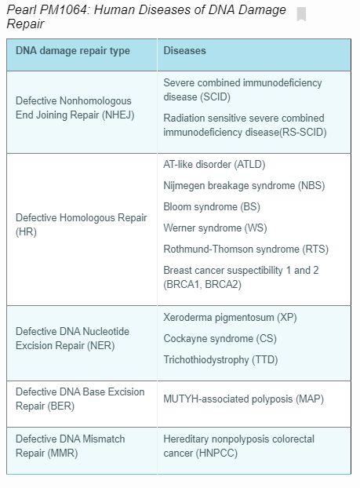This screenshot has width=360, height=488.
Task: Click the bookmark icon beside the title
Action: (x=302, y=14)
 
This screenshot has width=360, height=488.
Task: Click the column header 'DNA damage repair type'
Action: (x=73, y=51)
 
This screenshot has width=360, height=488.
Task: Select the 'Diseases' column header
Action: (x=185, y=51)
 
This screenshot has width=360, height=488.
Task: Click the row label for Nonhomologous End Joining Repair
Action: (x=74, y=108)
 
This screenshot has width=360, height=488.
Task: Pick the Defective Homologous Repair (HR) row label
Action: (x=81, y=224)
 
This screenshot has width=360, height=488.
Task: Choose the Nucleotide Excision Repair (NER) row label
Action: (x=72, y=339)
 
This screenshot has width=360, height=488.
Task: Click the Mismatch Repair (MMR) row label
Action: (x=70, y=446)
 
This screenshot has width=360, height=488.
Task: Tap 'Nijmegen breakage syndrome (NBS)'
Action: (x=244, y=186)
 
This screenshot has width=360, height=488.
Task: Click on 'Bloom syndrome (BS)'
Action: (x=213, y=207)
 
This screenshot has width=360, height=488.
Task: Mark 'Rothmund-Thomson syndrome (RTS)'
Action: (x=245, y=249)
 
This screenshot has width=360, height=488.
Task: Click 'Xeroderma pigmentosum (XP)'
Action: (x=230, y=318)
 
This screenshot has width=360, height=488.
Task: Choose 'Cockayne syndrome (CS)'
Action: (x=220, y=339)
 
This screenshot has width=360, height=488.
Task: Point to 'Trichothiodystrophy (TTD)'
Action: (x=220, y=360)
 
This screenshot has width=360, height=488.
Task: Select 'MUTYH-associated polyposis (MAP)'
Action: (x=243, y=399)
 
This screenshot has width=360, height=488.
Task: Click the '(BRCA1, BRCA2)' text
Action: (x=202, y=284)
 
